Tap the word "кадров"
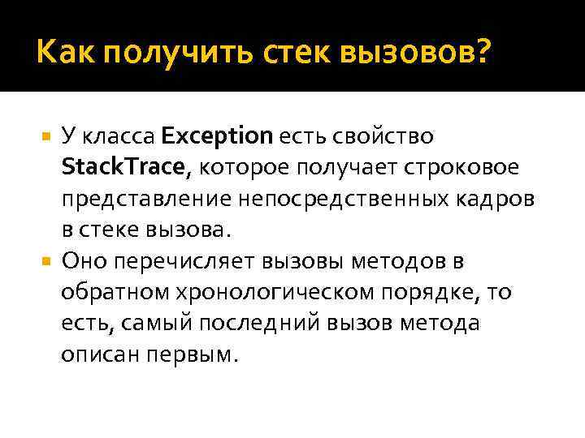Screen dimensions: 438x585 coord(498,198)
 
